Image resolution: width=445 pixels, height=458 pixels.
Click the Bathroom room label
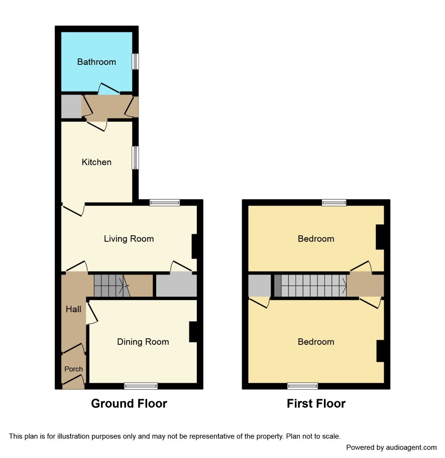[x=96, y=62]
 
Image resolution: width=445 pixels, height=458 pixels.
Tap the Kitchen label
[x=96, y=162]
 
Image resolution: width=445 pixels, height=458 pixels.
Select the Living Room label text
[x=129, y=239]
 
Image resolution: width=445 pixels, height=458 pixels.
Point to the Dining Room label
[x=143, y=342]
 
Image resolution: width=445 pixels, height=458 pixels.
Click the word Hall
[x=73, y=309]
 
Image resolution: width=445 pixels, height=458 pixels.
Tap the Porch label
[x=73, y=369]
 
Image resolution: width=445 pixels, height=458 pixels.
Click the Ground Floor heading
[x=129, y=403]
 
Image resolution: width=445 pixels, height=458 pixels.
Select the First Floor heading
[x=316, y=403]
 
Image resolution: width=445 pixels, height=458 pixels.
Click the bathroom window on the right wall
[x=136, y=61]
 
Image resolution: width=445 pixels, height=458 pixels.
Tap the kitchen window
[x=136, y=158]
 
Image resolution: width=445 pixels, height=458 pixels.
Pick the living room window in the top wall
[x=165, y=203]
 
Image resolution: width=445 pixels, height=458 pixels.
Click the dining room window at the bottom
[x=141, y=386]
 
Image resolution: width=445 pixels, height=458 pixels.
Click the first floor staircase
[x=310, y=286]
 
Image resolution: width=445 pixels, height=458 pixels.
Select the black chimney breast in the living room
[x=195, y=246]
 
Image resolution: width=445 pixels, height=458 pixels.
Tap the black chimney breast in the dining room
[x=193, y=332]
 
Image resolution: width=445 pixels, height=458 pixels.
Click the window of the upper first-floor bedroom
[x=334, y=203]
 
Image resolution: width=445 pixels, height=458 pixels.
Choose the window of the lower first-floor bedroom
[x=302, y=386]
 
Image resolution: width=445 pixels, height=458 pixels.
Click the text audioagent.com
[x=411, y=447]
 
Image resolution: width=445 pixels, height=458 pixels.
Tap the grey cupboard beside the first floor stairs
[x=259, y=286]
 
